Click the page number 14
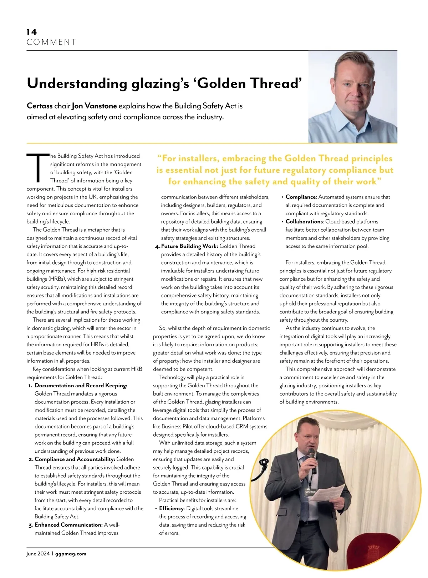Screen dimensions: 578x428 coord(31,32)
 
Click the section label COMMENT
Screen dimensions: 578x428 coord(51,42)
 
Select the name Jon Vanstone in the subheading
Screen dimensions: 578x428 coord(94,106)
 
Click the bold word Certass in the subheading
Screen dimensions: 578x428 coord(40,106)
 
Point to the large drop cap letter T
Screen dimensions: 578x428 coord(38,167)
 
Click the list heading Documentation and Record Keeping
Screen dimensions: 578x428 coord(81,386)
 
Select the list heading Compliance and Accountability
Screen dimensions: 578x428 coord(75,459)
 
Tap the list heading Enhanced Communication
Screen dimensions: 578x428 coord(68,525)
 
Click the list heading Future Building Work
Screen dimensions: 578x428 coord(189,246)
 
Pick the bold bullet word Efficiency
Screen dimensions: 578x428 coord(172,508)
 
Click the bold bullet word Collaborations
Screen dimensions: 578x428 coord(304,222)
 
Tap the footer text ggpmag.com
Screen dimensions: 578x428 coord(71,554)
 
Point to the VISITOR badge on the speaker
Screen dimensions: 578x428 coord(310,492)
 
